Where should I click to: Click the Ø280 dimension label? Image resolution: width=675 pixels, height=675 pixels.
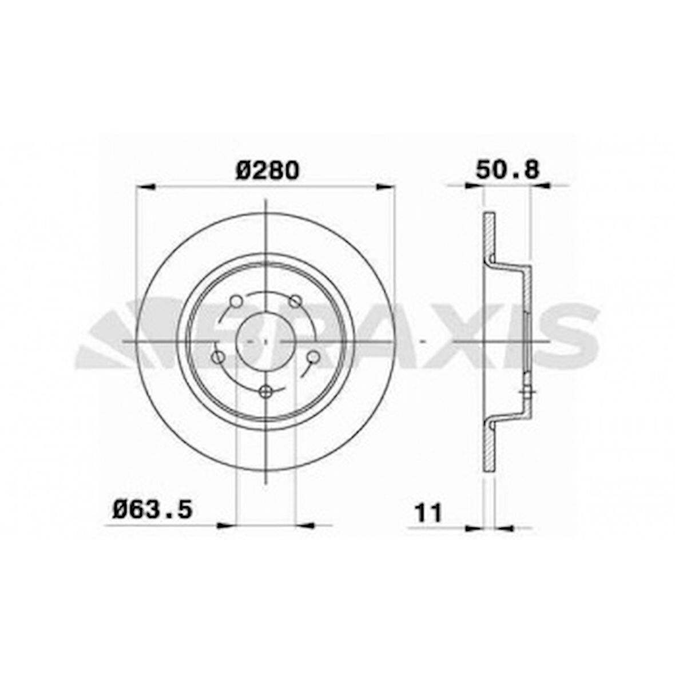coord(267,170)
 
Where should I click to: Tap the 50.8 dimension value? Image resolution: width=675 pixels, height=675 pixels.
coord(507,170)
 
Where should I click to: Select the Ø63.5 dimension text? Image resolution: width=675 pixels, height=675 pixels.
coord(152,508)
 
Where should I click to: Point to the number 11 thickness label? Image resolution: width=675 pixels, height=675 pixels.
coord(428,513)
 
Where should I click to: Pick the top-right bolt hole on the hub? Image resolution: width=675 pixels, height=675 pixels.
coord(296,301)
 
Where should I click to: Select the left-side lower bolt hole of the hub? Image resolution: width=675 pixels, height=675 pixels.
coord(218,357)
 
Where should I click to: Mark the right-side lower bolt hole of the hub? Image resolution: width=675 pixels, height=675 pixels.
coord(313,357)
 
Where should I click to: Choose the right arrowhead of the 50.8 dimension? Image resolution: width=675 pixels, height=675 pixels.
coord(540,185)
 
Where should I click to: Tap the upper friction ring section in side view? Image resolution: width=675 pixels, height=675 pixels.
coord(489,236)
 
